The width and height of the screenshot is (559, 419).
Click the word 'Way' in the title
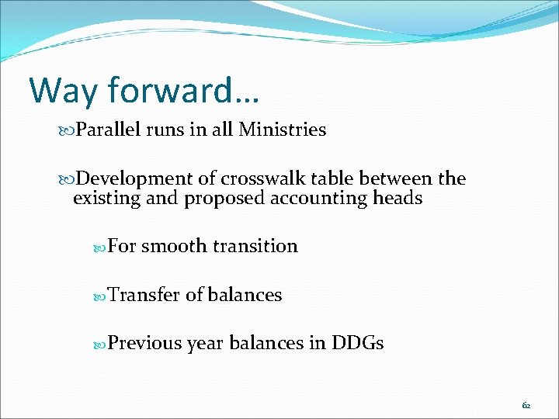(64, 90)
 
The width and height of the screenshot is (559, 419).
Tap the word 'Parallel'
(109, 130)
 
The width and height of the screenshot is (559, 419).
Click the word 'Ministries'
(282, 130)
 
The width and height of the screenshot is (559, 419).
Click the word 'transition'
(255, 247)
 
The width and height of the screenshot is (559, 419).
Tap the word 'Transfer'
(144, 295)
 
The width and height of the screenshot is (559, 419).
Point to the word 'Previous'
(145, 343)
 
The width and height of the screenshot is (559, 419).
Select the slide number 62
(526, 405)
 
